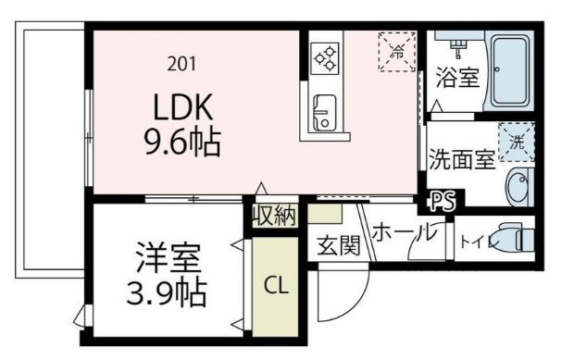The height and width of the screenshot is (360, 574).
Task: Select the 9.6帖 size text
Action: tap(181, 143)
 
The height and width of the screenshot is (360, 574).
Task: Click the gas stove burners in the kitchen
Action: tap(326, 58)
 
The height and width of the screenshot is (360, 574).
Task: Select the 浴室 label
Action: tap(457, 78)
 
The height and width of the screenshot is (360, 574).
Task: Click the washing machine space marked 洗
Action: tap(517, 143)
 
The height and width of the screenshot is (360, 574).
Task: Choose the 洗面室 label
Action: tap(462, 159)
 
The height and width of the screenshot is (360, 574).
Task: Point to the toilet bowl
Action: tap(513, 239)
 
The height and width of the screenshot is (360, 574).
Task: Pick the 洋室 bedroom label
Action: tap(168, 255)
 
